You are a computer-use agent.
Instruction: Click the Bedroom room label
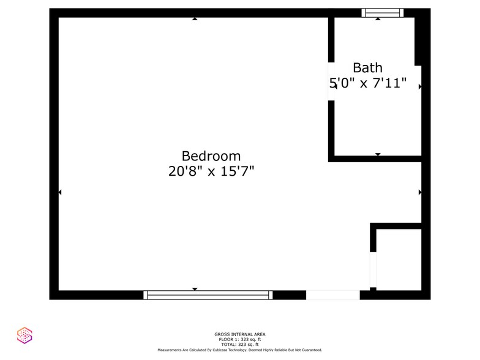[211, 156]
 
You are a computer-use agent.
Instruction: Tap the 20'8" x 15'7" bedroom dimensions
[211, 172]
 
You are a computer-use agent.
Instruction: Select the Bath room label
[367, 68]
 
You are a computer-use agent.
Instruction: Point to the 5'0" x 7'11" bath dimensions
[369, 84]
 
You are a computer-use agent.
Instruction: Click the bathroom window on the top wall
[382, 12]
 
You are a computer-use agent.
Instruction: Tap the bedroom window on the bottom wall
[208, 295]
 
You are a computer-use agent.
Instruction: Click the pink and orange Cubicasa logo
[24, 335]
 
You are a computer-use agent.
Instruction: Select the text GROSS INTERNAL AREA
[239, 334]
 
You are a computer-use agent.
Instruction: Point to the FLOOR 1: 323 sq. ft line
[239, 339]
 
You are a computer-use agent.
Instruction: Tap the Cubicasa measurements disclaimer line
[239, 350]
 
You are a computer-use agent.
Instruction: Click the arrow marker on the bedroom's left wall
[60, 193]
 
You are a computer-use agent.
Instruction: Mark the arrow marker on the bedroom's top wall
[195, 19]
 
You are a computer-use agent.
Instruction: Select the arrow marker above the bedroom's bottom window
[195, 289]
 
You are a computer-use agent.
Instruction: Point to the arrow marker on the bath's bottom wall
[378, 154]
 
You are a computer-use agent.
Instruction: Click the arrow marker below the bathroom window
[378, 19]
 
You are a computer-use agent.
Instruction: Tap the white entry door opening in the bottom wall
[332, 295]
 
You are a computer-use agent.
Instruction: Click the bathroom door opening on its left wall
[331, 81]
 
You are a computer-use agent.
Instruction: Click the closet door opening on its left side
[373, 269]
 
